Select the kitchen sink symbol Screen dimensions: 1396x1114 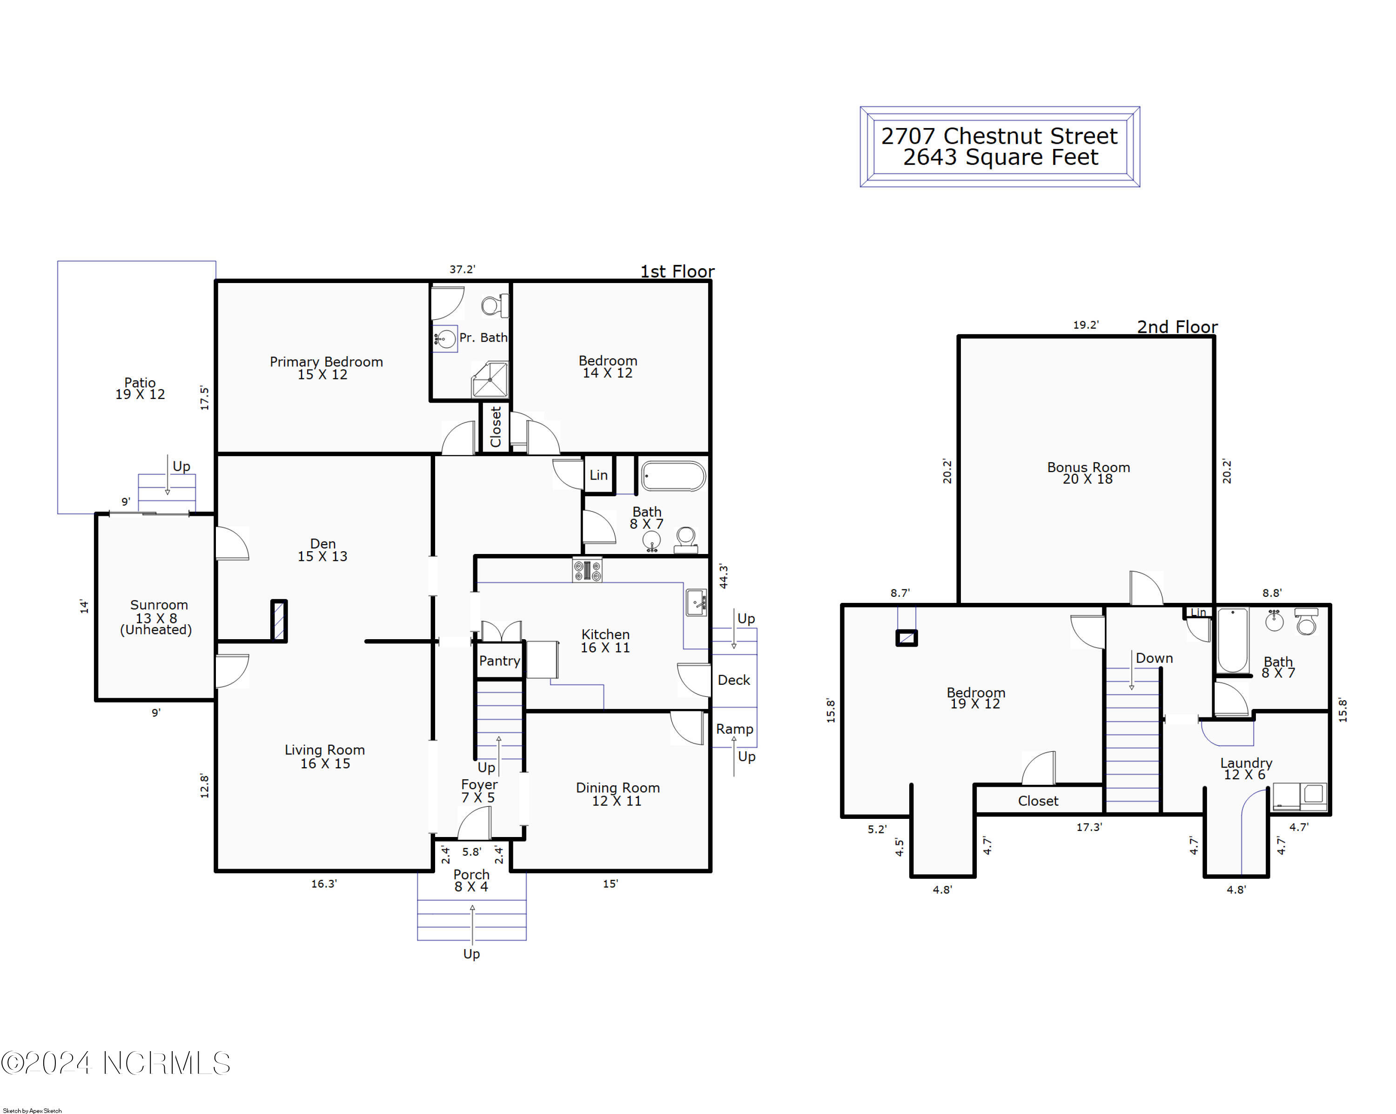click(696, 603)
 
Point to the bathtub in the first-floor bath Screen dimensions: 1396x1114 click(673, 477)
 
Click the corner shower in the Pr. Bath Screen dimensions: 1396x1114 click(490, 379)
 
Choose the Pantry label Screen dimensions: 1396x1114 click(499, 661)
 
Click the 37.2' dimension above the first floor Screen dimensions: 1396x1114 click(463, 270)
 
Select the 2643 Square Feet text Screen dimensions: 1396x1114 click(1000, 157)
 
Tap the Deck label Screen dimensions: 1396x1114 click(734, 680)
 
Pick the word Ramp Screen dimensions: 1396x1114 click(734, 730)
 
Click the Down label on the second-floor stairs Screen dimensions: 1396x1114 click(1154, 658)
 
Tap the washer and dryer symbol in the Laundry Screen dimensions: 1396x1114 click(1300, 797)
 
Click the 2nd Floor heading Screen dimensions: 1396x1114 click(1177, 327)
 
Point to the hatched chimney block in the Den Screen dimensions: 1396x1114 click(279, 621)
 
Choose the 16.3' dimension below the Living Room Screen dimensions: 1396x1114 click(324, 884)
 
